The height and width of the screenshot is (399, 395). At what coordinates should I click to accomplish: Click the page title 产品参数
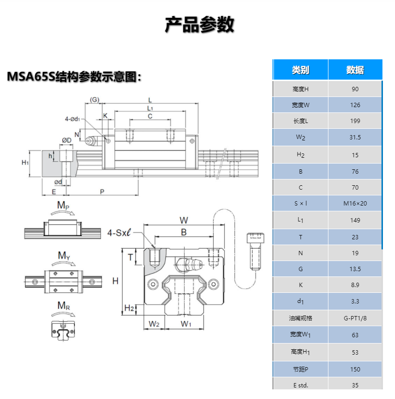click(x=199, y=25)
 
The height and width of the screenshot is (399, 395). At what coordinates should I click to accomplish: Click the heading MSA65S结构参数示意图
click(x=74, y=77)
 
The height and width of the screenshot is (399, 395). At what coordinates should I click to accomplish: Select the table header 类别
click(x=300, y=70)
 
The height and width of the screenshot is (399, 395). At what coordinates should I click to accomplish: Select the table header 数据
click(x=355, y=70)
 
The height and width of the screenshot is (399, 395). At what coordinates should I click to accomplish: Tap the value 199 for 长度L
click(x=355, y=121)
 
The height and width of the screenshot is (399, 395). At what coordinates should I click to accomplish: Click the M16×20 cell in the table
click(x=355, y=203)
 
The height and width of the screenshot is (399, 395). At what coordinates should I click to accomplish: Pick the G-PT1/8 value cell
click(x=355, y=318)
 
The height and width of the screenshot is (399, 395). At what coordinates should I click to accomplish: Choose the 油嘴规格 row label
click(x=301, y=318)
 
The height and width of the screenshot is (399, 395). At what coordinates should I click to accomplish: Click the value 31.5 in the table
click(x=355, y=138)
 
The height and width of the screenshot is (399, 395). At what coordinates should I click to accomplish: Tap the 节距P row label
click(x=301, y=369)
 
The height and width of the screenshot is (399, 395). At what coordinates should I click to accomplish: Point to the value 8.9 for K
click(x=355, y=285)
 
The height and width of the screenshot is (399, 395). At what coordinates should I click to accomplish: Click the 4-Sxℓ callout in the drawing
click(x=119, y=234)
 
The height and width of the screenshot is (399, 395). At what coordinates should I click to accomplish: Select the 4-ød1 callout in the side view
click(x=73, y=118)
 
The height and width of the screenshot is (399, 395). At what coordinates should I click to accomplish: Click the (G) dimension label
click(x=94, y=100)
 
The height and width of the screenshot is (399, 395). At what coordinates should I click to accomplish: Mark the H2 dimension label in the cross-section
click(x=129, y=308)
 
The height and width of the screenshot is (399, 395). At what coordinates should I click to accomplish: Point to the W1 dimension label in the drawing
click(x=186, y=324)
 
